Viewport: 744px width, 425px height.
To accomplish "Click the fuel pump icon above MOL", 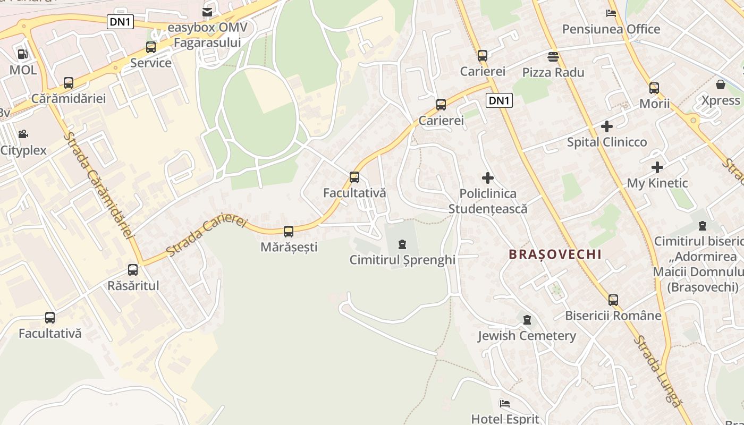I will [22, 54].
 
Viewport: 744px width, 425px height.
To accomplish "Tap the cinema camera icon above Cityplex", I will [23, 134].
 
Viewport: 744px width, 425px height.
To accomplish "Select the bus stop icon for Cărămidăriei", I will [69, 83].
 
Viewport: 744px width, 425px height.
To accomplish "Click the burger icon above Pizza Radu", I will [553, 56].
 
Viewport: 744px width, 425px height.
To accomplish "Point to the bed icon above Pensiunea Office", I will [611, 13].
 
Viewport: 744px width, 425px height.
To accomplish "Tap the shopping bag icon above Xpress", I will [721, 84].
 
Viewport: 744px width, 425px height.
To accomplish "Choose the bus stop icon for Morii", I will [654, 88].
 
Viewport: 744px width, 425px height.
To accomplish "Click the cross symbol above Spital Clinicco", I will [606, 126].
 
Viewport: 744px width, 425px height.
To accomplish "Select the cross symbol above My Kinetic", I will [657, 167].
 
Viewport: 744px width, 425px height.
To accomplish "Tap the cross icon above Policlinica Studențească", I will [487, 178].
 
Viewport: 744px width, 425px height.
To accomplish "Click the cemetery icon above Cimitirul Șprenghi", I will [402, 244].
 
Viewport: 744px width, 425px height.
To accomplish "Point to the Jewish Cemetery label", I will [527, 336].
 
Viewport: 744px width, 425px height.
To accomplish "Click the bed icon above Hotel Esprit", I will [505, 404].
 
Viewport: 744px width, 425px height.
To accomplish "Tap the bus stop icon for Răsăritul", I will [133, 270].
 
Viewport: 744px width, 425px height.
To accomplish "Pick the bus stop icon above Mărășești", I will [289, 232].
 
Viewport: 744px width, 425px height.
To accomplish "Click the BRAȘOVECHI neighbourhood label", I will [555, 254].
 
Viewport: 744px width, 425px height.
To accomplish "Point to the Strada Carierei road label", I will [207, 235].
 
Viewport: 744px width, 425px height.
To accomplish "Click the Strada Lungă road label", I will [657, 371].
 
